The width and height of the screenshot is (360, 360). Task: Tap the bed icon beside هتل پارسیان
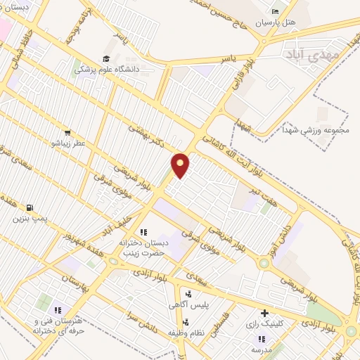[x=275, y=12]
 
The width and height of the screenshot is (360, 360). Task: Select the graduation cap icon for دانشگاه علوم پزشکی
[x=106, y=59]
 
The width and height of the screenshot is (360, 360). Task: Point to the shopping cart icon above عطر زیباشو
[x=67, y=131]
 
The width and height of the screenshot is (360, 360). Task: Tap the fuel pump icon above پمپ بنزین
[x=30, y=207]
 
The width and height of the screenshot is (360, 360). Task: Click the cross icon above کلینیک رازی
[x=264, y=313]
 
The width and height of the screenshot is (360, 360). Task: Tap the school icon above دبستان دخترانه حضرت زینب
[x=143, y=232]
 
